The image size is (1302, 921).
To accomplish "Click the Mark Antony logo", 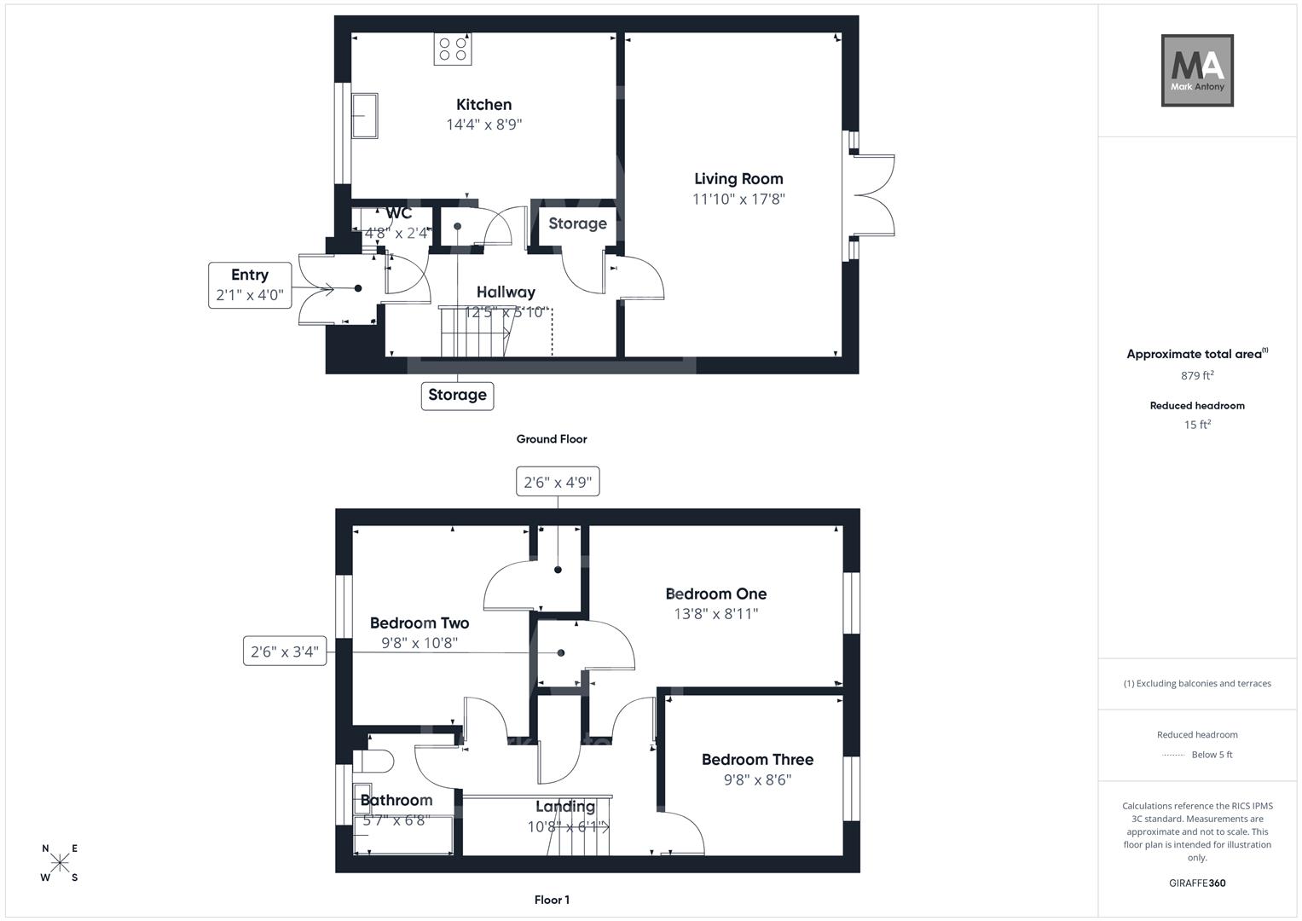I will click(1197, 70).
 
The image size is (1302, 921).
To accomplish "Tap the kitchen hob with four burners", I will click(453, 49).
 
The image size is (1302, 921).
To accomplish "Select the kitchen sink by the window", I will click(366, 115).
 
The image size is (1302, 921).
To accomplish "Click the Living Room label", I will click(738, 179).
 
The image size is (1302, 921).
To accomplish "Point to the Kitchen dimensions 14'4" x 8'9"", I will click(483, 125).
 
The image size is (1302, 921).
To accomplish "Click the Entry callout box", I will click(250, 286).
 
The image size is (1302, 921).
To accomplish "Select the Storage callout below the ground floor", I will click(457, 395).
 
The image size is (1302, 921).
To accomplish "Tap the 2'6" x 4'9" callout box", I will click(558, 482).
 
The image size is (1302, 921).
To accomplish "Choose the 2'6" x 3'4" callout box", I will click(285, 652).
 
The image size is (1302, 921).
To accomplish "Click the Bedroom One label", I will click(715, 594).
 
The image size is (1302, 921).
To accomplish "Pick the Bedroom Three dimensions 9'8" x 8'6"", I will click(757, 779).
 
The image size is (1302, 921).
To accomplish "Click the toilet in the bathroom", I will click(375, 760).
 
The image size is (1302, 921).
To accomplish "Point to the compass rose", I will click(60, 863).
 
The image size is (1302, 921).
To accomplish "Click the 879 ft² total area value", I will click(1197, 375).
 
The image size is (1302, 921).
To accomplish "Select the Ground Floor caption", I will click(552, 439).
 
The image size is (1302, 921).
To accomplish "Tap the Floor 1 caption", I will click(552, 900).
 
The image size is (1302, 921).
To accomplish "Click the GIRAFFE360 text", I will click(1197, 883).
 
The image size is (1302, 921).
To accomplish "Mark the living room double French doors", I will click(871, 195).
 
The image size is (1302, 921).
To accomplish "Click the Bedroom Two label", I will click(420, 623).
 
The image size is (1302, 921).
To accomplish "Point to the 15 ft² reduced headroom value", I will click(1197, 425).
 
